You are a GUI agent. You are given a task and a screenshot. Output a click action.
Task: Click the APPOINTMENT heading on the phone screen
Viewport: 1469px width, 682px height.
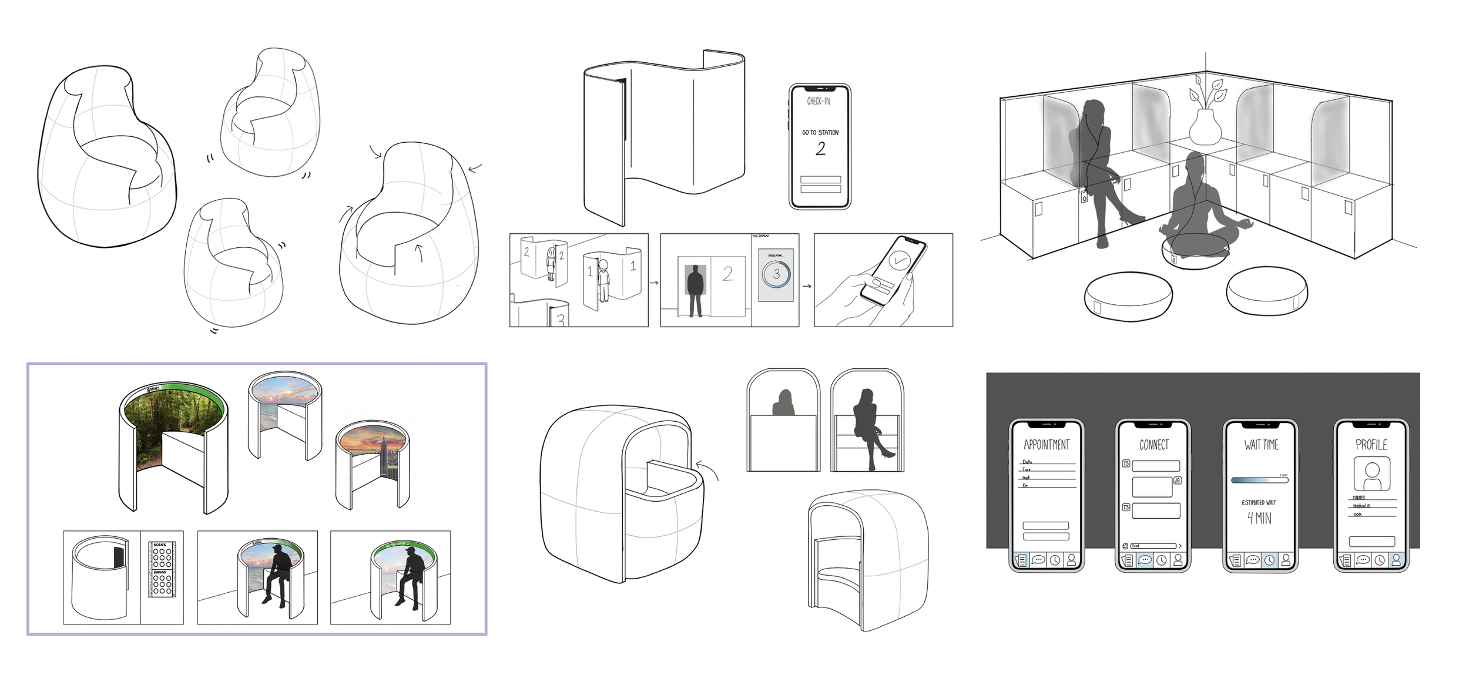point(1047,445)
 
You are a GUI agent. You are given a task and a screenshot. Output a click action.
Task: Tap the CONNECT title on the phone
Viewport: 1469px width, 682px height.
point(1154,445)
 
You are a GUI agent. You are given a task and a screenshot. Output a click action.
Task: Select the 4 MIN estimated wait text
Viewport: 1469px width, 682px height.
point(1259,518)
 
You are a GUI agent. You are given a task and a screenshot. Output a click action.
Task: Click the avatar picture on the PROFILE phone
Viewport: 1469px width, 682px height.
point(1371,473)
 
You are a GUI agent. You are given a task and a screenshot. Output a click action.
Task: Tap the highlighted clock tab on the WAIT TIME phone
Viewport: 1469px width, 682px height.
point(1269,560)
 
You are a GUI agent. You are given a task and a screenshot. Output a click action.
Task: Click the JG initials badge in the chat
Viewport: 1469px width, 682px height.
point(1177,481)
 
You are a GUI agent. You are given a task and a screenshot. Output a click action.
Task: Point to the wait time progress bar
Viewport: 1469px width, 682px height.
point(1259,480)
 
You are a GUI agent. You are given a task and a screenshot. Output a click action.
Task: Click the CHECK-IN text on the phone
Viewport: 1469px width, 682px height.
point(819,101)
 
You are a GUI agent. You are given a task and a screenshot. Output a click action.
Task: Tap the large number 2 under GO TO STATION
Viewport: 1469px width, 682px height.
point(820,149)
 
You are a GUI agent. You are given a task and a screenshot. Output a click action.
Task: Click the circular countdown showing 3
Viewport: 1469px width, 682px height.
point(776,274)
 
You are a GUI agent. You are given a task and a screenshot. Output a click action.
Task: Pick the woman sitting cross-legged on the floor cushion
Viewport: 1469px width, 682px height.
point(1199,211)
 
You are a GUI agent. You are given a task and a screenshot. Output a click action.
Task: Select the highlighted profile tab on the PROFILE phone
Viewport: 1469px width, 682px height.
point(1396,560)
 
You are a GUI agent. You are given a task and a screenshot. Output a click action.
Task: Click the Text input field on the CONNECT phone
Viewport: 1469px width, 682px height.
point(1153,546)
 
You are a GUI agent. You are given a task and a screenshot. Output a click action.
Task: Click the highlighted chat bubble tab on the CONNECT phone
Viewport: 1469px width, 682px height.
point(1145,560)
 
